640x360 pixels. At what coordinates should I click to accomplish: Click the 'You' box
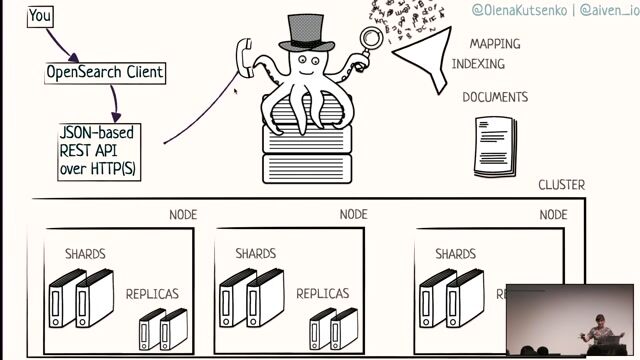41,16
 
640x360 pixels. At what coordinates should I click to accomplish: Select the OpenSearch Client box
105,73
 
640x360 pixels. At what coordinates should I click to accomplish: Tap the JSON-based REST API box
97,151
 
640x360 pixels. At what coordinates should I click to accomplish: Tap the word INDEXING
478,64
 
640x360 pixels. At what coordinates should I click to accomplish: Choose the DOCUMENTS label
495,98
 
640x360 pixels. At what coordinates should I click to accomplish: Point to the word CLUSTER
562,186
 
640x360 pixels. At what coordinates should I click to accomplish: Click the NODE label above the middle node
354,215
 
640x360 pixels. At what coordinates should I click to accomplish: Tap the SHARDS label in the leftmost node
85,254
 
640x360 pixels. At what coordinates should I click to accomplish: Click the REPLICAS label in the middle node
323,294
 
